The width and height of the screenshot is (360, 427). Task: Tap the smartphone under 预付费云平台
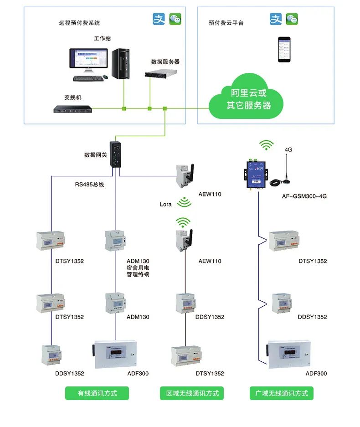285,50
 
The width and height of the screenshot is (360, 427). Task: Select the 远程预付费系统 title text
79,23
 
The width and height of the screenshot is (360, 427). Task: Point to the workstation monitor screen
88,60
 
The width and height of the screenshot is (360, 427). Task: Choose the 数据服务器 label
165,62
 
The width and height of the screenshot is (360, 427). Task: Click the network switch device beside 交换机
72,109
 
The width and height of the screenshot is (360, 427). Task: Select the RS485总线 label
89,185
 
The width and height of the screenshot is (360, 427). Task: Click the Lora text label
165,204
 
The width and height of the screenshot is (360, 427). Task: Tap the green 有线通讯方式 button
97,393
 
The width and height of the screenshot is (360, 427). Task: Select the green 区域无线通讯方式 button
192,393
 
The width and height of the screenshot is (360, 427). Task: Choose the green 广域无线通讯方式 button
282,393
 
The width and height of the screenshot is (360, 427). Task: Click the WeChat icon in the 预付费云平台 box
292,19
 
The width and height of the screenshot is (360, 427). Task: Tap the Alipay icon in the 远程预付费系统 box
158,19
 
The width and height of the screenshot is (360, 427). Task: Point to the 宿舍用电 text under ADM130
138,268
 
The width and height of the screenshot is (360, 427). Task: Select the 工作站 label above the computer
102,38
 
